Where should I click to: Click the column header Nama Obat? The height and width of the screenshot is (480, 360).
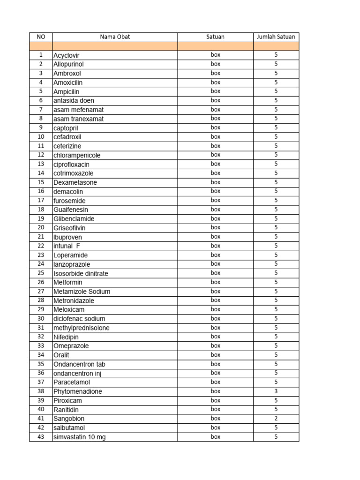[114, 37]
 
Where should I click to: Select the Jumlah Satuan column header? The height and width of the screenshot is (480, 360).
[276, 37]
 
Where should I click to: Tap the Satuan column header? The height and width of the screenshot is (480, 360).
[215, 37]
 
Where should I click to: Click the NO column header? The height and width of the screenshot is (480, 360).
[40, 37]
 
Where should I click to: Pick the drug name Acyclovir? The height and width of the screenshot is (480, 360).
[67, 55]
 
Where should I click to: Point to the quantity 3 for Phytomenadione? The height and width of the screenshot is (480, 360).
[276, 391]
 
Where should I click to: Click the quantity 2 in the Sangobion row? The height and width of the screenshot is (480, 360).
[276, 419]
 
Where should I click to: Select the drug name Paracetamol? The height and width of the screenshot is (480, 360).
[72, 382]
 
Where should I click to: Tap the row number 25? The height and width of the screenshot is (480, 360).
[40, 273]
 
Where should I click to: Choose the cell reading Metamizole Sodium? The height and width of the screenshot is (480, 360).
[82, 292]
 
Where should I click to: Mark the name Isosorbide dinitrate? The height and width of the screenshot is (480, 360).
[81, 273]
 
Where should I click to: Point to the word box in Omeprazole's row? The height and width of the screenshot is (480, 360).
[215, 346]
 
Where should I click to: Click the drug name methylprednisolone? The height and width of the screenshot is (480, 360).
[82, 328]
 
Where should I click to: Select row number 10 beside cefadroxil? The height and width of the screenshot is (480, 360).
[40, 137]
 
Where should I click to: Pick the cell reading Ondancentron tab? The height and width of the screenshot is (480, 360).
[79, 364]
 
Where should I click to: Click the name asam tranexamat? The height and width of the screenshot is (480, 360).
[78, 119]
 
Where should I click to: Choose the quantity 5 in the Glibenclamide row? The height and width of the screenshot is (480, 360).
[276, 219]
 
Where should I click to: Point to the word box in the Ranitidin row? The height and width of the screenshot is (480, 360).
[215, 410]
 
